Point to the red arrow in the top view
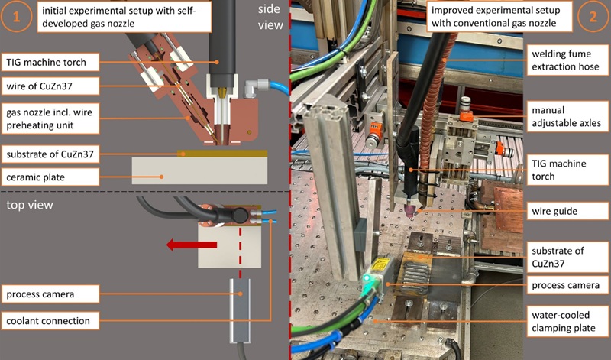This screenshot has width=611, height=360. click(x=192, y=245)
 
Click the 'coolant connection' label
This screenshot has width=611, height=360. click(x=50, y=319)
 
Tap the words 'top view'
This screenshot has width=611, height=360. click(x=28, y=205)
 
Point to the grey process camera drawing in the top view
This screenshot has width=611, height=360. click(x=241, y=309)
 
